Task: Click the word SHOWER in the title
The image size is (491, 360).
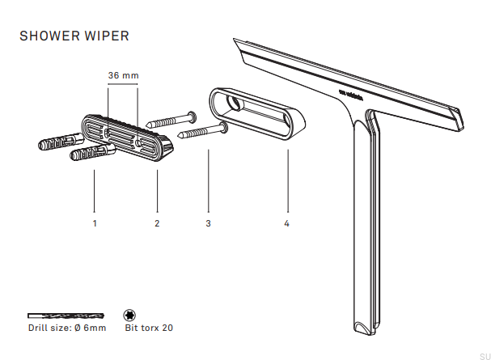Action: (x=47, y=36)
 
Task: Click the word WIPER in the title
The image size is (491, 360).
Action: (x=104, y=36)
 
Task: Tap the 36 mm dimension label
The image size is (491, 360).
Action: (x=124, y=75)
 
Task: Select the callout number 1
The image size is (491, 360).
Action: (x=95, y=222)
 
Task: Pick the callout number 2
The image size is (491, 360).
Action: (x=157, y=222)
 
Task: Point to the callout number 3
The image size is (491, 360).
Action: (x=209, y=222)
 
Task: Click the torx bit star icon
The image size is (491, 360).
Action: (x=129, y=314)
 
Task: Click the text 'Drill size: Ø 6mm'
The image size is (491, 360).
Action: (x=66, y=328)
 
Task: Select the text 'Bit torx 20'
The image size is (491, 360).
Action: (x=149, y=328)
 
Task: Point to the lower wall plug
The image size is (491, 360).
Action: (x=88, y=153)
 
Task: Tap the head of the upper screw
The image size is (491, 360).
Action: (x=191, y=116)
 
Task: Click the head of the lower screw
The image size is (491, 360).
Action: (x=224, y=126)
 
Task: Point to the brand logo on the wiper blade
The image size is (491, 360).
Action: (x=353, y=95)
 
